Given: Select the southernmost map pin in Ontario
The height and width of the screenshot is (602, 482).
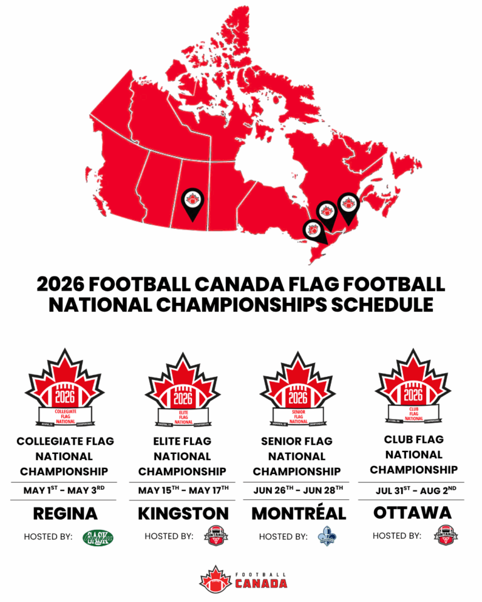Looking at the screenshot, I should pyautogui.click(x=314, y=230).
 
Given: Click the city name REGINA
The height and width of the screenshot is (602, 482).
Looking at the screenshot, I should pyautogui.click(x=65, y=514).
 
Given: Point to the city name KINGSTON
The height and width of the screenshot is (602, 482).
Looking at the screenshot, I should pyautogui.click(x=183, y=514).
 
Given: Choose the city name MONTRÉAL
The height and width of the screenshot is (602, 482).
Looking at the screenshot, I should pyautogui.click(x=299, y=514).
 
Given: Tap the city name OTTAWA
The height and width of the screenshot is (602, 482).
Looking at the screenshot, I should pyautogui.click(x=412, y=512).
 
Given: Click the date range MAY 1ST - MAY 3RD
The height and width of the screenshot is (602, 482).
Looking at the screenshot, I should pyautogui.click(x=65, y=490).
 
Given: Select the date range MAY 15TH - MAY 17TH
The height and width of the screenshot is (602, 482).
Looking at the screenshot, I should pyautogui.click(x=183, y=490).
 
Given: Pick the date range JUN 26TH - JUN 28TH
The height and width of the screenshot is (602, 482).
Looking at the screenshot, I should pyautogui.click(x=299, y=490).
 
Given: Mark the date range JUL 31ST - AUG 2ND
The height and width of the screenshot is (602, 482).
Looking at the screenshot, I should pyautogui.click(x=412, y=489).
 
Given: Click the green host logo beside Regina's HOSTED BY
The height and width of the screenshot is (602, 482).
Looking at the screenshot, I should pyautogui.click(x=99, y=537).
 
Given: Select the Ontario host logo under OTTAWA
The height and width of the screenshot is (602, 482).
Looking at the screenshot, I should pyautogui.click(x=445, y=536).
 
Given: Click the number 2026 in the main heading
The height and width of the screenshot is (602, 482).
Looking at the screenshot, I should pyautogui.click(x=60, y=284).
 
